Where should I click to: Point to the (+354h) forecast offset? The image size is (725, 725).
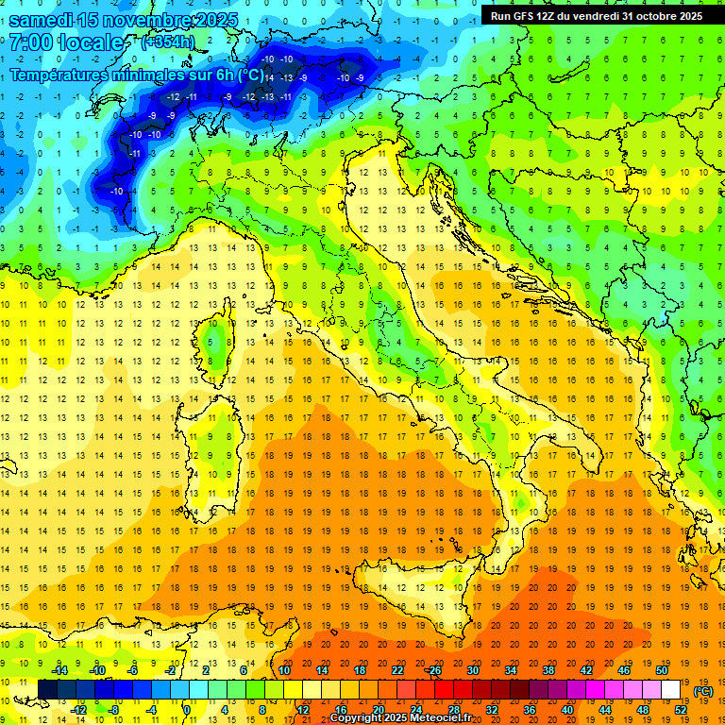point(167,42)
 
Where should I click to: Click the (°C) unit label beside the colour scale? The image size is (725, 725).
point(703,691)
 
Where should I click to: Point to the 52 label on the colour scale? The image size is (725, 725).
point(680,709)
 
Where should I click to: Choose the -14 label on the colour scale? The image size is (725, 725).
point(59,670)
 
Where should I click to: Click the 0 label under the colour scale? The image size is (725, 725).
point(186,709)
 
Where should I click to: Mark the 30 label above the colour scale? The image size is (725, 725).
point(472,670)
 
